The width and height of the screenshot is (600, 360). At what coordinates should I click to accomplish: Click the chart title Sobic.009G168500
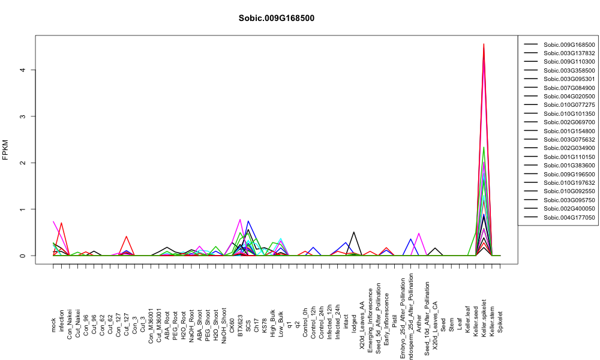(276, 19)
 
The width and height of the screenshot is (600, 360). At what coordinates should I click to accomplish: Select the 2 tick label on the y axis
(23, 163)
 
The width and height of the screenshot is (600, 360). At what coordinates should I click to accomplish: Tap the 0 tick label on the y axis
(23, 256)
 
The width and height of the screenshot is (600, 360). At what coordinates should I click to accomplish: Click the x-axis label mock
(53, 325)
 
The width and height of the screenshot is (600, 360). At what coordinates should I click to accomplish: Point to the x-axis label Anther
(419, 323)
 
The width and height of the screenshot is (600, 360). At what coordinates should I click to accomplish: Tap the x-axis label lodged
(354, 323)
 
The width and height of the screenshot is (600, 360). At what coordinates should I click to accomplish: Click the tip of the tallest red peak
(484, 44)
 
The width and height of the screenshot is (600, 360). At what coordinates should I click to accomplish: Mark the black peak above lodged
(353, 232)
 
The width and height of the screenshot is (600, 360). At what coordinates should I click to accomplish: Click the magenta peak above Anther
(419, 233)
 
